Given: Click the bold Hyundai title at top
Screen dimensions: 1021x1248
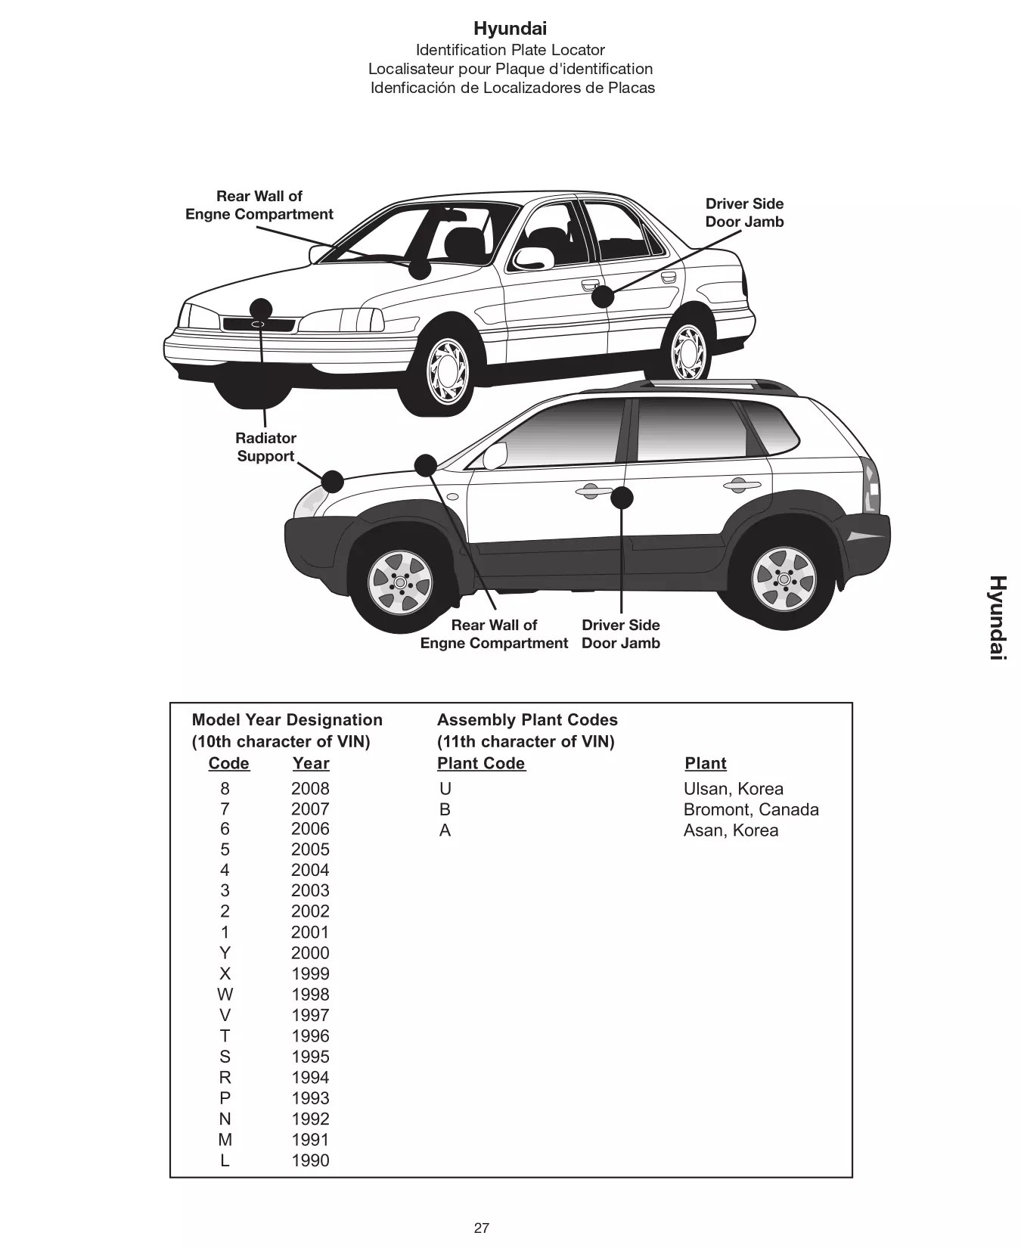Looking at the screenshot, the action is [510, 29].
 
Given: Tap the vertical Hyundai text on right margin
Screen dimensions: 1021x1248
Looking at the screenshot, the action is [998, 617].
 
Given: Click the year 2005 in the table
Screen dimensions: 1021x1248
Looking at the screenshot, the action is [310, 849].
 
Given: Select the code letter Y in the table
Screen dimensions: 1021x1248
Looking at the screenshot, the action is [225, 953].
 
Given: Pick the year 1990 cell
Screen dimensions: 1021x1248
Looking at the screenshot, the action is [310, 1160].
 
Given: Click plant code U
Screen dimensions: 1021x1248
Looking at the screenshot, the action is [445, 789].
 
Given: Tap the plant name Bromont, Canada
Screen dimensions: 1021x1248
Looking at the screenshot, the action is [750, 809].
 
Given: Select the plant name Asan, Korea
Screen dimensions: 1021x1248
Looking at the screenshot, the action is [731, 830].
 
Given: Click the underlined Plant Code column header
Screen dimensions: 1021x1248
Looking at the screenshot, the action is [481, 763].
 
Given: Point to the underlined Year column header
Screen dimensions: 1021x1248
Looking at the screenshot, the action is [310, 763].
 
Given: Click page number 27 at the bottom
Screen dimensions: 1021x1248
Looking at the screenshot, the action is [481, 1228].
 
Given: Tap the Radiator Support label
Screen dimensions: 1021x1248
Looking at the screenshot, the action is [265, 447].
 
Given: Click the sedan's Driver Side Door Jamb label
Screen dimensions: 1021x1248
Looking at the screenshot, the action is [744, 213].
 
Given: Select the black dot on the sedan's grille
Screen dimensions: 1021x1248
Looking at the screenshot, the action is [261, 309].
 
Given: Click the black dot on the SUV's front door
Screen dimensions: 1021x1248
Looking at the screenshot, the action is [622, 498].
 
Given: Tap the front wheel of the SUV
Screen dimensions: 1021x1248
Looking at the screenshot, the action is [399, 582].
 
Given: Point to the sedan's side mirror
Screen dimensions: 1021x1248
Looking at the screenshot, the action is [532, 258].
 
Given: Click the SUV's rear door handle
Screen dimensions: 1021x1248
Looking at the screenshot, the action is [741, 485].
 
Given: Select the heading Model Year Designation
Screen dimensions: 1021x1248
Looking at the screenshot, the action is [287, 720].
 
